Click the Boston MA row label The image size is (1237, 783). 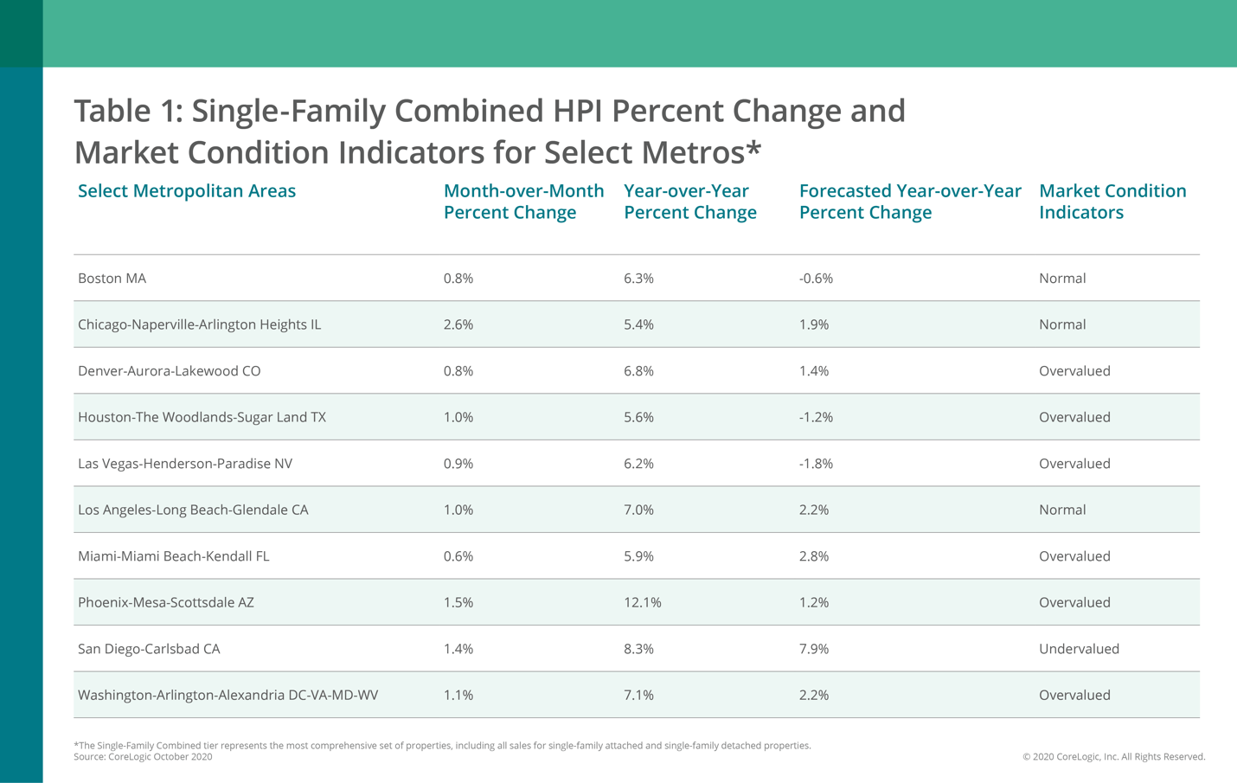pyautogui.click(x=112, y=278)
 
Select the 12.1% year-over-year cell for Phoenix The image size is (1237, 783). pyautogui.click(x=642, y=602)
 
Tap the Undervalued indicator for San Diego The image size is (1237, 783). pyautogui.click(x=1079, y=649)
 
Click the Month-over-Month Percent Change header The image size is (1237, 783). pyautogui.click(x=523, y=202)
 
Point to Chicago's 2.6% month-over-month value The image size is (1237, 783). pyautogui.click(x=458, y=324)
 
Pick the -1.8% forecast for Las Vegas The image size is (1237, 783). pyautogui.click(x=816, y=464)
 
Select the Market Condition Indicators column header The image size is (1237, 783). pyautogui.click(x=1112, y=202)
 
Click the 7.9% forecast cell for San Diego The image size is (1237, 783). pyautogui.click(x=813, y=649)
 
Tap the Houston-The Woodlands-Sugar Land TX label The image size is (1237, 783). pyautogui.click(x=202, y=417)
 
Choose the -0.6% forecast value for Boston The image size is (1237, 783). pyautogui.click(x=816, y=278)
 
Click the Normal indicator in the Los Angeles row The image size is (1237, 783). pyautogui.click(x=1061, y=510)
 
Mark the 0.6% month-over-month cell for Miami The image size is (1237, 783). pyautogui.click(x=458, y=556)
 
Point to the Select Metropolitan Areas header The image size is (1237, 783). pyautogui.click(x=187, y=191)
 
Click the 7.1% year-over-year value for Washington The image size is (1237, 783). pyautogui.click(x=638, y=695)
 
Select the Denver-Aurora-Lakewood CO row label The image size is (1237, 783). pyautogui.click(x=169, y=370)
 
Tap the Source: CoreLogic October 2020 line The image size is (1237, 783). pyautogui.click(x=143, y=757)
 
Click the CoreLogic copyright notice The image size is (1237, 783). pyautogui.click(x=1113, y=757)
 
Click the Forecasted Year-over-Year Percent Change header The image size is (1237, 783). pyautogui.click(x=909, y=202)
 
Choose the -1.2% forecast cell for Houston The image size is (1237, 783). pyautogui.click(x=816, y=417)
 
